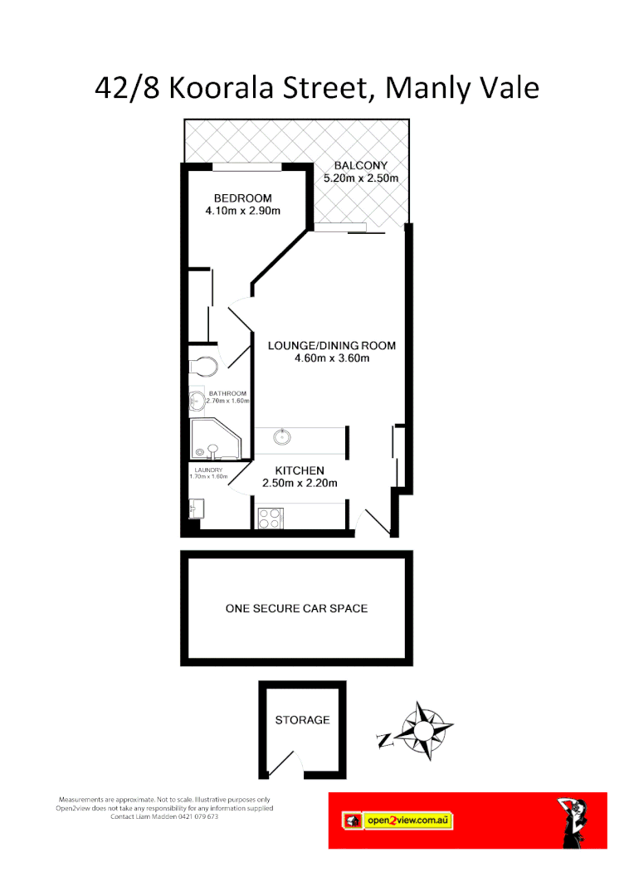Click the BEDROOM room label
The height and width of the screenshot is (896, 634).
tap(242, 198)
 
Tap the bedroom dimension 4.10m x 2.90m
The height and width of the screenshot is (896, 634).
tap(242, 211)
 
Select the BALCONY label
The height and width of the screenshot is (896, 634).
tap(360, 166)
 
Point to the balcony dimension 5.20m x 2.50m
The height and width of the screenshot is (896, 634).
tap(360, 178)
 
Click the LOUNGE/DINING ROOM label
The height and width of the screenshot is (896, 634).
tap(331, 346)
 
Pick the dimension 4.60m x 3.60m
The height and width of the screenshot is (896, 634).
tap(331, 358)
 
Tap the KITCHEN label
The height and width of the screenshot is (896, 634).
tap(300, 470)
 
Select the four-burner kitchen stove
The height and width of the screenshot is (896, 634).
tap(270, 518)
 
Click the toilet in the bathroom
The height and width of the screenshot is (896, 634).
tap(203, 365)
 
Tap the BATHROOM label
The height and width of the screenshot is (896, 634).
tap(227, 393)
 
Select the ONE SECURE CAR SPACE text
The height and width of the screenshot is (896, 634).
tap(296, 608)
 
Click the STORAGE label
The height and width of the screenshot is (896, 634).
tap(302, 720)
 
